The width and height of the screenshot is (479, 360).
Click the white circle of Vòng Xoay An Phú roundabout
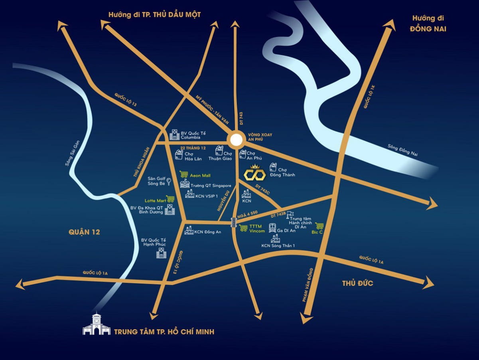tap(236, 140)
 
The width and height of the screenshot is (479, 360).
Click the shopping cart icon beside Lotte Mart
tap(170, 199)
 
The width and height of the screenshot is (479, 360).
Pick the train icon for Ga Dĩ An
tap(272, 228)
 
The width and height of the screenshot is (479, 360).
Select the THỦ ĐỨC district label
tap(357, 283)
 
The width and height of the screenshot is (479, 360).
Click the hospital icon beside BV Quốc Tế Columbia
tap(174, 135)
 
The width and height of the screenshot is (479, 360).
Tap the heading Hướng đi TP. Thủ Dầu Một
tap(154, 15)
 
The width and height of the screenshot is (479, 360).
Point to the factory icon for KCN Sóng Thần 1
tap(275, 239)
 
